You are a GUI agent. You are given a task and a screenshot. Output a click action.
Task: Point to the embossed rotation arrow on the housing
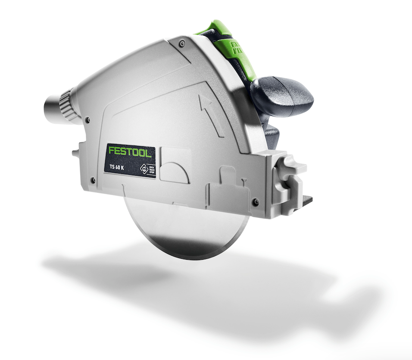click(211, 114)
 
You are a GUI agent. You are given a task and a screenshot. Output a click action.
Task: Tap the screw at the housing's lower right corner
click(256, 202)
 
